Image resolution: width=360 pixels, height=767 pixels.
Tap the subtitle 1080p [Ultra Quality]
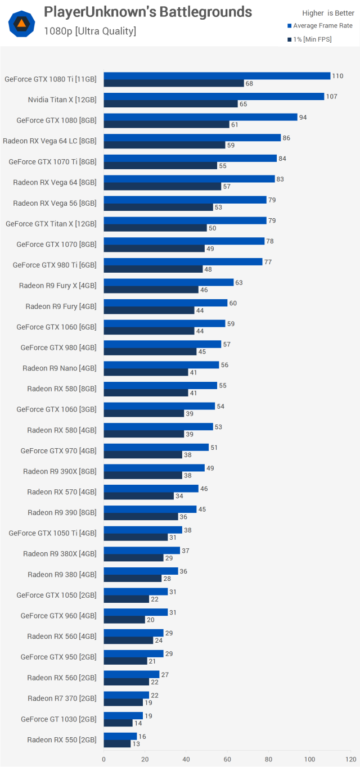point(90,31)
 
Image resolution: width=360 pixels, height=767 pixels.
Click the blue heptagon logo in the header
point(22,24)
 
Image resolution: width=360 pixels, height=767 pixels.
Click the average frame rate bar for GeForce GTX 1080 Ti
point(217,76)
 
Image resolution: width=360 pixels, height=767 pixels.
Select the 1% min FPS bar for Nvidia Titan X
point(171,104)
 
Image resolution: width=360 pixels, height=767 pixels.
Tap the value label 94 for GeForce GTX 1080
point(303,117)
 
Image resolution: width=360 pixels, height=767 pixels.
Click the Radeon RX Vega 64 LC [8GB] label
point(49,141)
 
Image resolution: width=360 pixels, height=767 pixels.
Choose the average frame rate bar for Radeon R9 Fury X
point(168,282)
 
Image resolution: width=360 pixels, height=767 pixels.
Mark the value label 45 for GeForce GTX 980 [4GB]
point(201,352)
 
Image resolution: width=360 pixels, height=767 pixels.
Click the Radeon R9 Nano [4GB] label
point(60,368)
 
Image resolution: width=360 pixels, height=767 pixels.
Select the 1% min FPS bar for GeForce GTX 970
point(143,455)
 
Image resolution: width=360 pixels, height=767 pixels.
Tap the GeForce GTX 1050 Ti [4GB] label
point(52,533)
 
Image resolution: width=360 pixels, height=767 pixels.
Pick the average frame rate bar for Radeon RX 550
point(120,736)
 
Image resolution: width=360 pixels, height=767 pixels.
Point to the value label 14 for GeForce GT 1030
point(137,723)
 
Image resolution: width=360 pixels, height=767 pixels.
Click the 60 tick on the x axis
point(227,759)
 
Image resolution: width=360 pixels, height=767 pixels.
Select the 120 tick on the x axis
point(350,759)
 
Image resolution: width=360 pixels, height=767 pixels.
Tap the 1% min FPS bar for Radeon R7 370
point(123,702)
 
